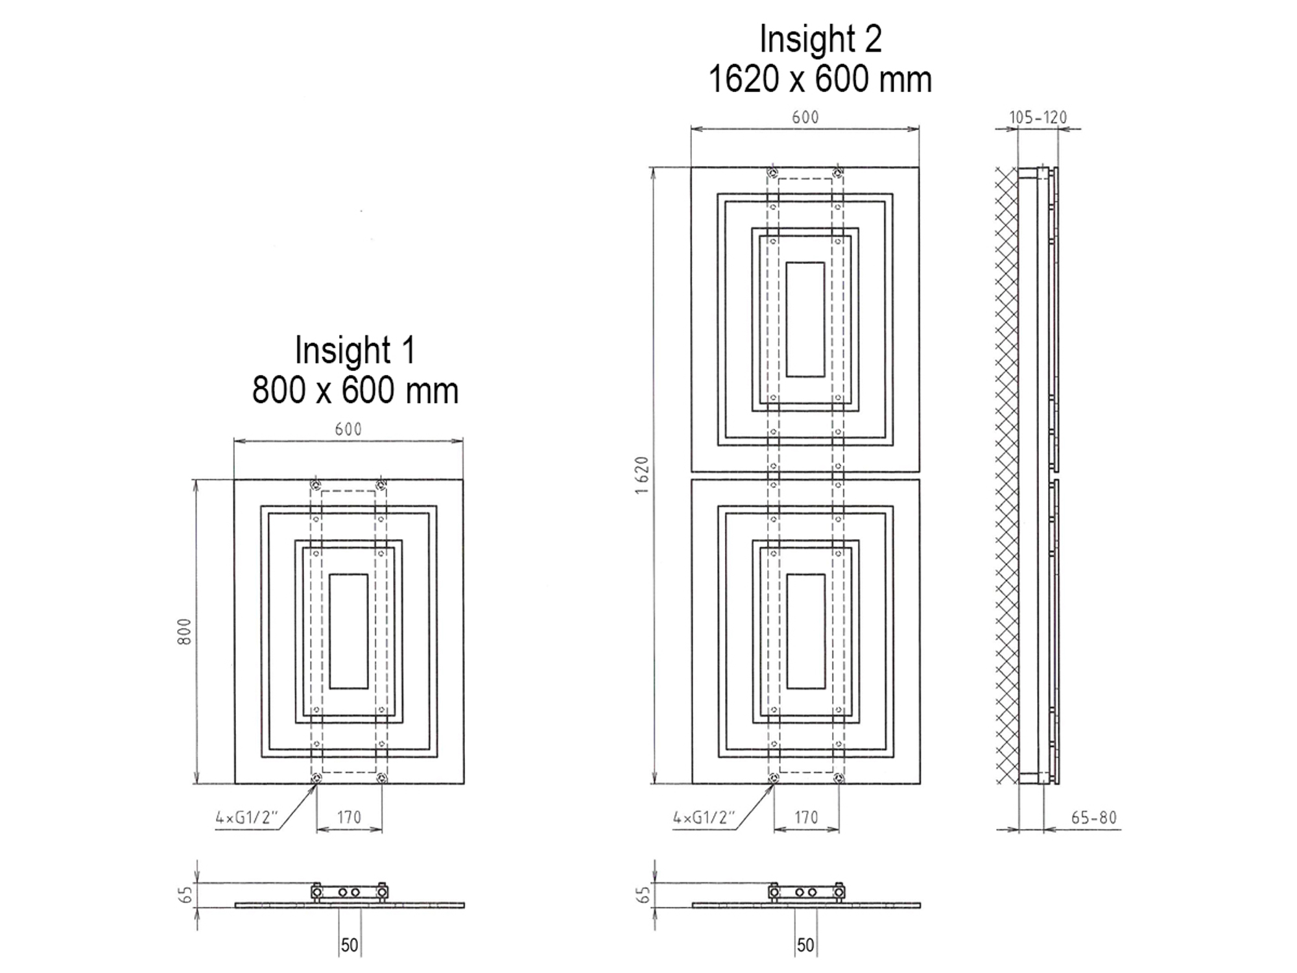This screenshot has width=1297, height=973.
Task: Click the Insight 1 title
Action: [355, 350]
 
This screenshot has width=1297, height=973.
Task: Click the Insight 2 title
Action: [820, 39]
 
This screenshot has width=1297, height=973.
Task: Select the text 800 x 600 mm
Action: [355, 390]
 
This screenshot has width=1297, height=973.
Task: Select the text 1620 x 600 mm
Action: [820, 79]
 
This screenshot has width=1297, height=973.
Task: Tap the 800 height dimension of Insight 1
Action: [185, 632]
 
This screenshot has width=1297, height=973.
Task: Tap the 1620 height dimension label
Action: [641, 475]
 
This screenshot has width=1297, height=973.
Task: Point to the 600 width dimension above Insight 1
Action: [348, 429]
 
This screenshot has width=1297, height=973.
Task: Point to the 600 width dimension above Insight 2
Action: [805, 117]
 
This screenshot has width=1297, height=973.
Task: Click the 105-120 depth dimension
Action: [1038, 117]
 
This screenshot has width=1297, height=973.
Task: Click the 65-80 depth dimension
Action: [1094, 818]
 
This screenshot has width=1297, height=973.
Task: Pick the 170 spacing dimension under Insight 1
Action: [349, 817]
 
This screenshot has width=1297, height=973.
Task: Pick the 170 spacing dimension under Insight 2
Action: [806, 817]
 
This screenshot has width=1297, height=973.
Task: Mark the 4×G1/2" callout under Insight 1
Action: [246, 818]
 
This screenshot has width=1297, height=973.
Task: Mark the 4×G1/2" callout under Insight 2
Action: [704, 818]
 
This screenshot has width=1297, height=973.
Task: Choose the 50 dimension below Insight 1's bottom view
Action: [350, 945]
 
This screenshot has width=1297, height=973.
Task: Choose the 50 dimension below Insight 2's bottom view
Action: [805, 945]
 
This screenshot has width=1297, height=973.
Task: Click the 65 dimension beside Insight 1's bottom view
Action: [186, 895]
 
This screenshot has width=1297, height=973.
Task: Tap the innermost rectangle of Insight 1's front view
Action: [349, 631]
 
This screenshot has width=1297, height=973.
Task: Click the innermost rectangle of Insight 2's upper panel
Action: [805, 319]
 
